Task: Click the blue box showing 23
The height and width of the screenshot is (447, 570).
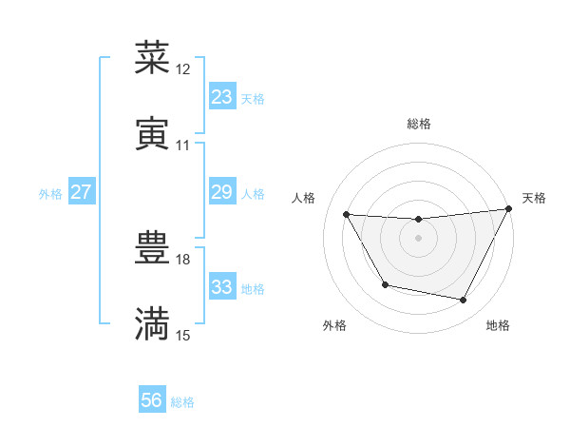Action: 222,97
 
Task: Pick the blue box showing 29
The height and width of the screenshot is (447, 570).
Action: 222,192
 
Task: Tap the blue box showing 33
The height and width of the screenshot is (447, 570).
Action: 222,287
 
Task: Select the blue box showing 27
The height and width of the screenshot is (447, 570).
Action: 82,192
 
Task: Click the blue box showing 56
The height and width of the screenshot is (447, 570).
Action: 152,401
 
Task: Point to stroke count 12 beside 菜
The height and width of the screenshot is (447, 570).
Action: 183,69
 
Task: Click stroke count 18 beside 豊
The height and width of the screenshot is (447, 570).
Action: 183,259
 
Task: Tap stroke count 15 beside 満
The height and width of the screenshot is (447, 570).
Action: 183,335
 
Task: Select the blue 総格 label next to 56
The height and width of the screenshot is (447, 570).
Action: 183,402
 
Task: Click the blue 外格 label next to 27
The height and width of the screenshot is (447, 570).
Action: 50,193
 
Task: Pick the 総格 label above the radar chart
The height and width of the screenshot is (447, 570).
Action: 419,124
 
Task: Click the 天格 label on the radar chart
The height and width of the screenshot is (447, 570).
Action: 534,198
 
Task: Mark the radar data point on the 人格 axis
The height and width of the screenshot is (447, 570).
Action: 347,214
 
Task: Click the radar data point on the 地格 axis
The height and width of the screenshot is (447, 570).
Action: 464,301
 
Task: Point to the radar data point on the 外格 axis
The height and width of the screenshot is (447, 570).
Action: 385,285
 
